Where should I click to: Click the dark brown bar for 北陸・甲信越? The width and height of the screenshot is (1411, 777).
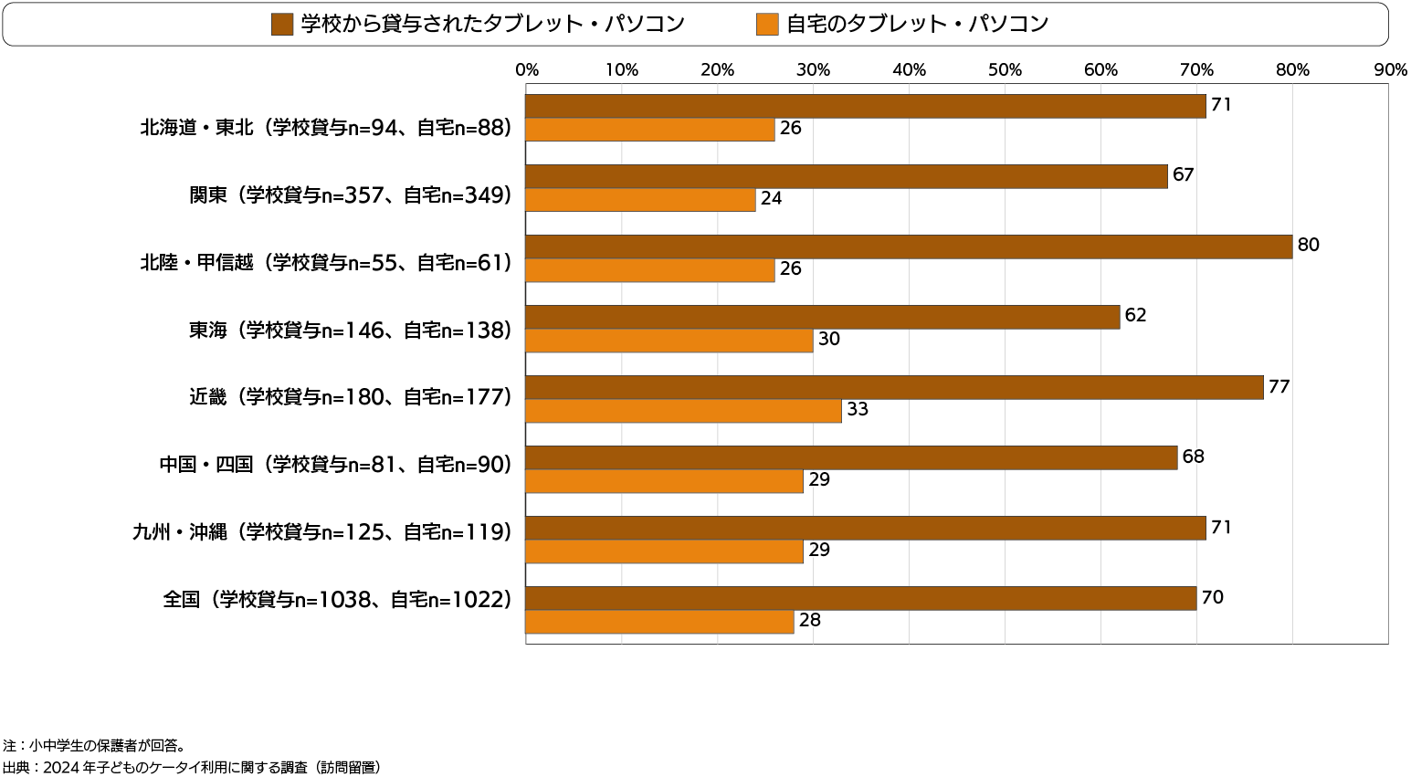[909, 247]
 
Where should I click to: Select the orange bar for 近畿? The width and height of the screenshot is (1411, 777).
[683, 411]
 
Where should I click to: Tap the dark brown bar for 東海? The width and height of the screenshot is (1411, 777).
[822, 317]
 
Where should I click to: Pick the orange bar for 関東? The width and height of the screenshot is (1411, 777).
[640, 199]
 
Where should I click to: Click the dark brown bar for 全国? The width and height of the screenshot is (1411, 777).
[860, 598]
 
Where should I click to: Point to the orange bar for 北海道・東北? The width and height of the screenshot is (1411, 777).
[649, 130]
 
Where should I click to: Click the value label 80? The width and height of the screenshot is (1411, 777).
[1308, 245]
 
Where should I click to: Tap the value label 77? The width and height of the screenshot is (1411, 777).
[1279, 386]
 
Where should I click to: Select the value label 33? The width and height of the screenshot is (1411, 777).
[857, 409]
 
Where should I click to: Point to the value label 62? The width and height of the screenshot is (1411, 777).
[1135, 315]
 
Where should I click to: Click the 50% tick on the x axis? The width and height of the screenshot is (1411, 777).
[1005, 70]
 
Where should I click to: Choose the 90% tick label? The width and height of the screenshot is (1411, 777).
[1389, 70]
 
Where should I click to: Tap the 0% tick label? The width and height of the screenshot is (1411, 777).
[526, 70]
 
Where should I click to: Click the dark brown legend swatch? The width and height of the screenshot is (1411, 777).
[282, 25]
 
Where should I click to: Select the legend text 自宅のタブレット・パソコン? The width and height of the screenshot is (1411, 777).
[917, 25]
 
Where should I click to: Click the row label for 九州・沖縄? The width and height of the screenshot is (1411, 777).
[321, 531]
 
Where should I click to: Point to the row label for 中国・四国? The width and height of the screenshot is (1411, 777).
[335, 464]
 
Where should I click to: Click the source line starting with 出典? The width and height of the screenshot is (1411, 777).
[191, 767]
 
